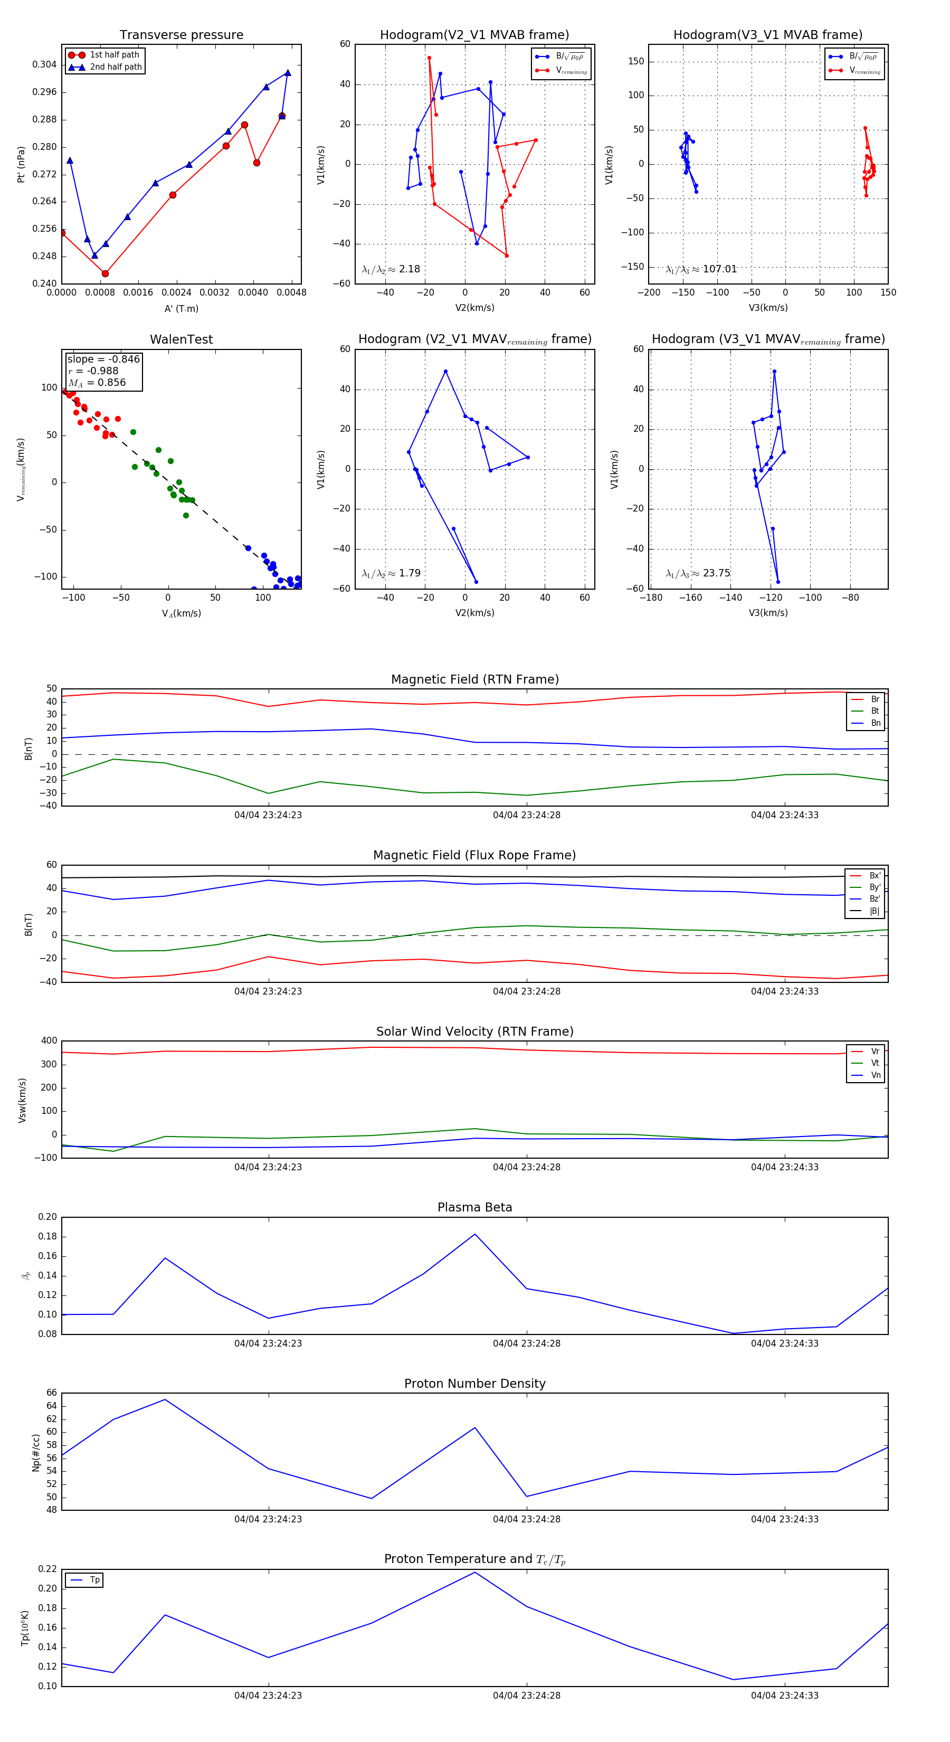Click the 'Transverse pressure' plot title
coord(181,35)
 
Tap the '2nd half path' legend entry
coord(116,67)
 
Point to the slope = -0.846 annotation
coord(103,359)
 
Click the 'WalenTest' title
coord(181,339)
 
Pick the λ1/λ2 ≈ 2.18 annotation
coord(391,269)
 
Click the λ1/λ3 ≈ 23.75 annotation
coord(698,573)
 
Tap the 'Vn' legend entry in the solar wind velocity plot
coord(875,1075)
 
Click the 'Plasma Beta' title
coord(474,1208)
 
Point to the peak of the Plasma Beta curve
coord(474,1234)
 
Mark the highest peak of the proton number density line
coord(165,1400)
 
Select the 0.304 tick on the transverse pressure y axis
coord(45,65)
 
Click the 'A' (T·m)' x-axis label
coord(181,309)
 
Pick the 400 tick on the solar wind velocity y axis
coord(49,1041)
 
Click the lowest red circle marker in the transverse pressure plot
coord(105,274)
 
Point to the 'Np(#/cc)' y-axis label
coord(36,1453)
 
